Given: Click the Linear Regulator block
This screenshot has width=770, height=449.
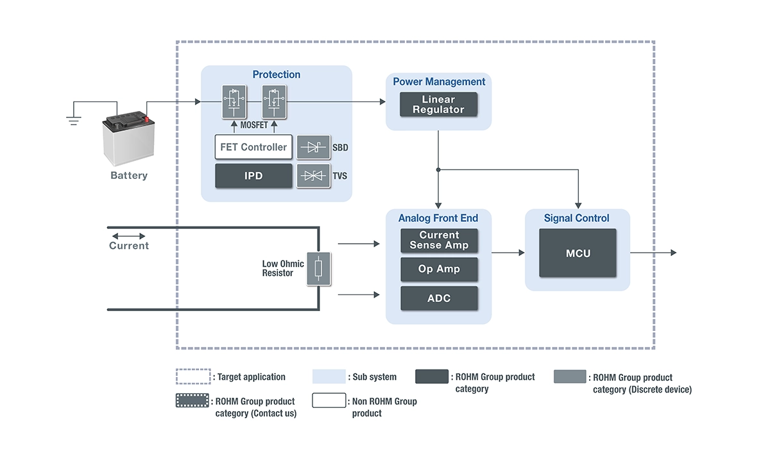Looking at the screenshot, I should click(439, 105).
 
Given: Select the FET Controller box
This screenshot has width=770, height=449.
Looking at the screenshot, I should click(253, 147).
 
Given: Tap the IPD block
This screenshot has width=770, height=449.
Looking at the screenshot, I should click(253, 176).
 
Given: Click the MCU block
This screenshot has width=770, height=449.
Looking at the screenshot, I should click(577, 253).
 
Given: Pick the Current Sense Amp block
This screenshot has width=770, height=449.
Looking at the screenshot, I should click(439, 241).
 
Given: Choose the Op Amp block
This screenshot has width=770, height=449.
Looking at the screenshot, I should click(439, 269).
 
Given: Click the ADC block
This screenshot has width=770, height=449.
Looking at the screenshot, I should click(439, 298).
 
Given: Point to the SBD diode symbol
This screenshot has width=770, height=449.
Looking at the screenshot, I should click(313, 148).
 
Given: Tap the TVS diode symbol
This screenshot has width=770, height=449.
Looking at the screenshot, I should click(313, 176).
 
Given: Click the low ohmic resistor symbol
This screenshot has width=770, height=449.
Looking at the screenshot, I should click(319, 269).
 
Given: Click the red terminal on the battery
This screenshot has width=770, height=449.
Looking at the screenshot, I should click(146, 118).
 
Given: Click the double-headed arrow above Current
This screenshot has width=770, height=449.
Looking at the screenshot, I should click(128, 236).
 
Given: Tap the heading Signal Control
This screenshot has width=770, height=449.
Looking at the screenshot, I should click(576, 218).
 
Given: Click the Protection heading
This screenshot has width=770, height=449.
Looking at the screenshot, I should click(277, 74).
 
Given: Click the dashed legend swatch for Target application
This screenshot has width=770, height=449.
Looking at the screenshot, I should click(193, 377).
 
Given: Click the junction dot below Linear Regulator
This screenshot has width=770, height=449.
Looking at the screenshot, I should click(439, 170).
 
